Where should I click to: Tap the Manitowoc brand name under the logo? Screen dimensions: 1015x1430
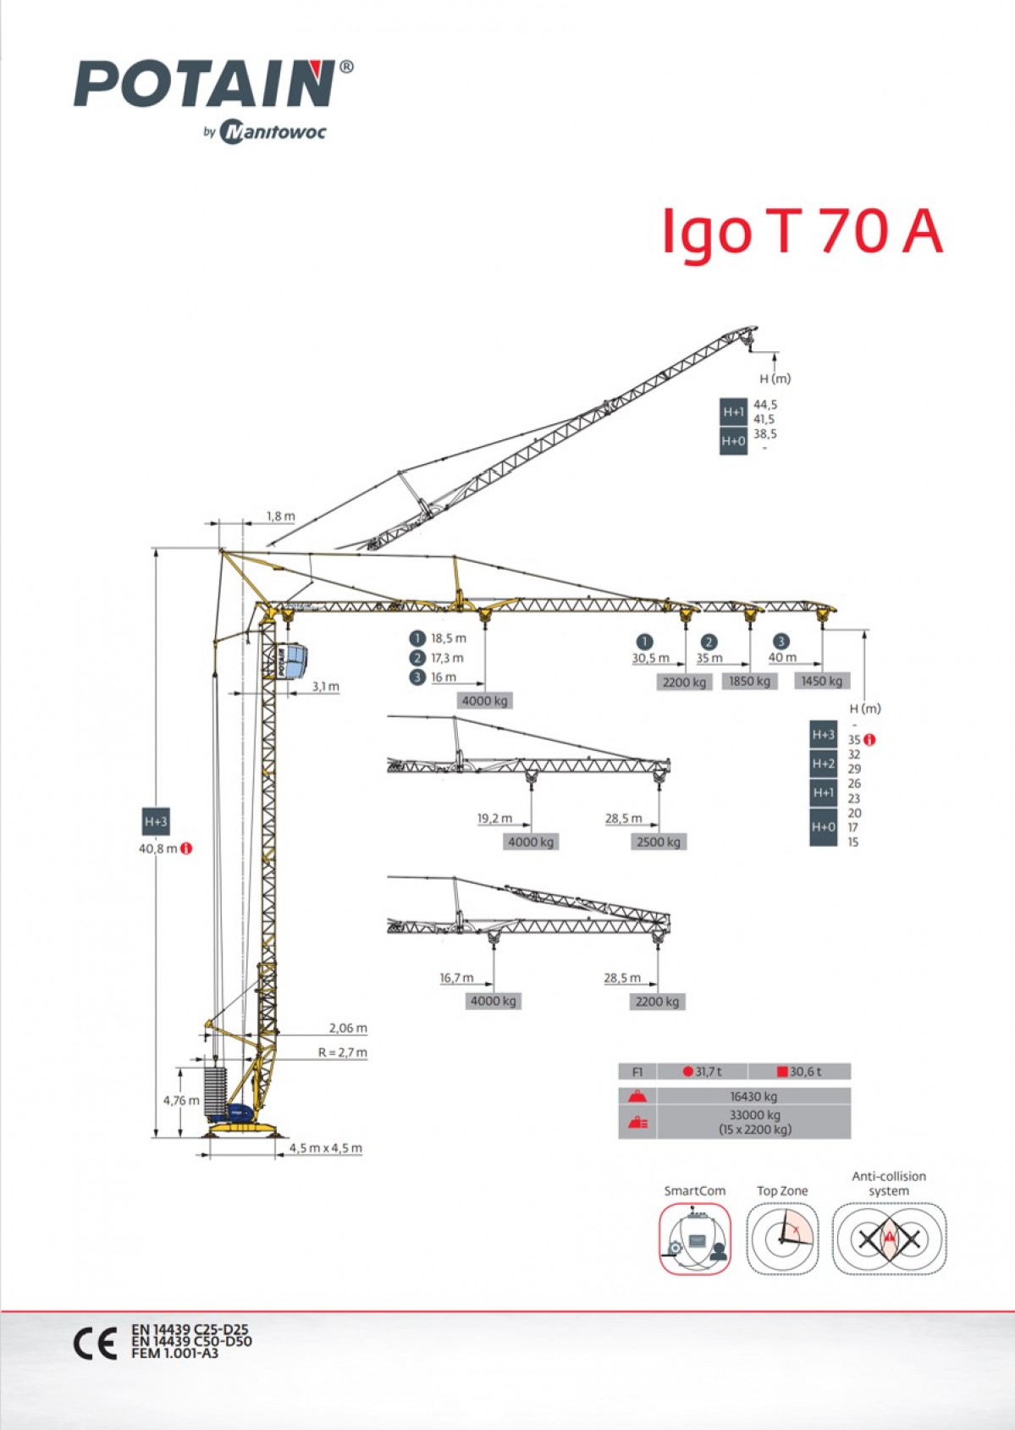click(273, 132)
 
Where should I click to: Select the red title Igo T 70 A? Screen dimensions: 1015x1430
click(803, 231)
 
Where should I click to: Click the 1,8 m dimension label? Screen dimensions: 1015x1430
click(281, 516)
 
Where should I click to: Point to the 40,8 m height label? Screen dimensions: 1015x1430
click(158, 849)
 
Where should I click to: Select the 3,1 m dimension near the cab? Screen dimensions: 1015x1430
click(326, 687)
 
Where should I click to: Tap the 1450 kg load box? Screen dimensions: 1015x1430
click(822, 682)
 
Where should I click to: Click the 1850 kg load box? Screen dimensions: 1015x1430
click(749, 682)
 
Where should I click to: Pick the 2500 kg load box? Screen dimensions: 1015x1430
click(658, 842)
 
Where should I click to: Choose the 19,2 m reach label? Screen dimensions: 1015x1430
click(494, 819)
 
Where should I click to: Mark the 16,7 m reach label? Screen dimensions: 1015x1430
click(456, 978)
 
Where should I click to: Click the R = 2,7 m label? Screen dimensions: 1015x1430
click(343, 1052)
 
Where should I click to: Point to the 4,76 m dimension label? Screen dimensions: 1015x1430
click(181, 1101)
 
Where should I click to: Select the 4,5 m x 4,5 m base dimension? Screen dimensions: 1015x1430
click(326, 1148)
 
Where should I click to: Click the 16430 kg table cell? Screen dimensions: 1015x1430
click(754, 1096)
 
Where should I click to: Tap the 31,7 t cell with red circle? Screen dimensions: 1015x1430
click(702, 1071)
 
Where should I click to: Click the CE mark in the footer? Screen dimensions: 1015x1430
click(95, 1343)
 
